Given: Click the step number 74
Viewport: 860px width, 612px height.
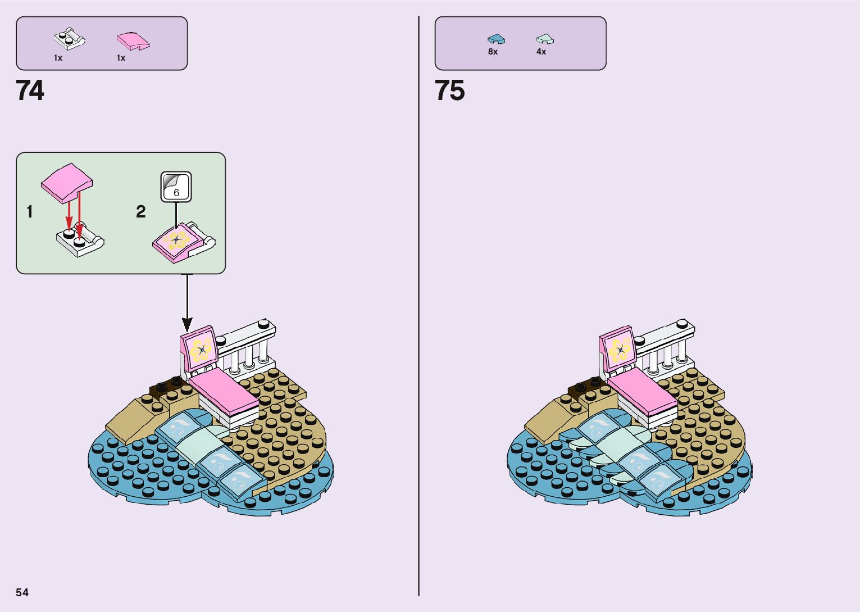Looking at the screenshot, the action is tap(30, 90).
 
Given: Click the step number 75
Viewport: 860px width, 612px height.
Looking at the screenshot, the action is tap(449, 90).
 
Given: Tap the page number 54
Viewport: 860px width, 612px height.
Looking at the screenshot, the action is tap(22, 592).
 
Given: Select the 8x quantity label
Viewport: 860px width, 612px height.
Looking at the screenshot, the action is tap(493, 52).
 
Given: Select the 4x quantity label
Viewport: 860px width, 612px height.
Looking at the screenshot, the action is tap(541, 52).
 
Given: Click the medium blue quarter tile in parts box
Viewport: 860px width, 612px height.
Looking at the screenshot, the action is tap(496, 39).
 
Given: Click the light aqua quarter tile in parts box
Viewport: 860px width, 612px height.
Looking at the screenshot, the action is tap(544, 39).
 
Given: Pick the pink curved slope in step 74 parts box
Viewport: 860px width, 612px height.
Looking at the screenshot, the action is tap(133, 40).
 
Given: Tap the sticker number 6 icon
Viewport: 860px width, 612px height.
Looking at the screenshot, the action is tap(176, 187).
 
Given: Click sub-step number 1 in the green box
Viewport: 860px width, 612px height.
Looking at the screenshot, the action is tap(30, 212).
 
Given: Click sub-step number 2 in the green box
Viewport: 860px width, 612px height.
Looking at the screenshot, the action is tap(140, 212).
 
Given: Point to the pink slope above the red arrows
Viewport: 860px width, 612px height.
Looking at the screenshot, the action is tap(67, 181).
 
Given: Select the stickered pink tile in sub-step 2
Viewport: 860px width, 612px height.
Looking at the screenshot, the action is tap(178, 241).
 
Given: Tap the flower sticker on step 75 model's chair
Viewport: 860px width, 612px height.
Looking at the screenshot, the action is tap(619, 350).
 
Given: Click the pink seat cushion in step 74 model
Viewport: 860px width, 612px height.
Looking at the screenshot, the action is tap(224, 391).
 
